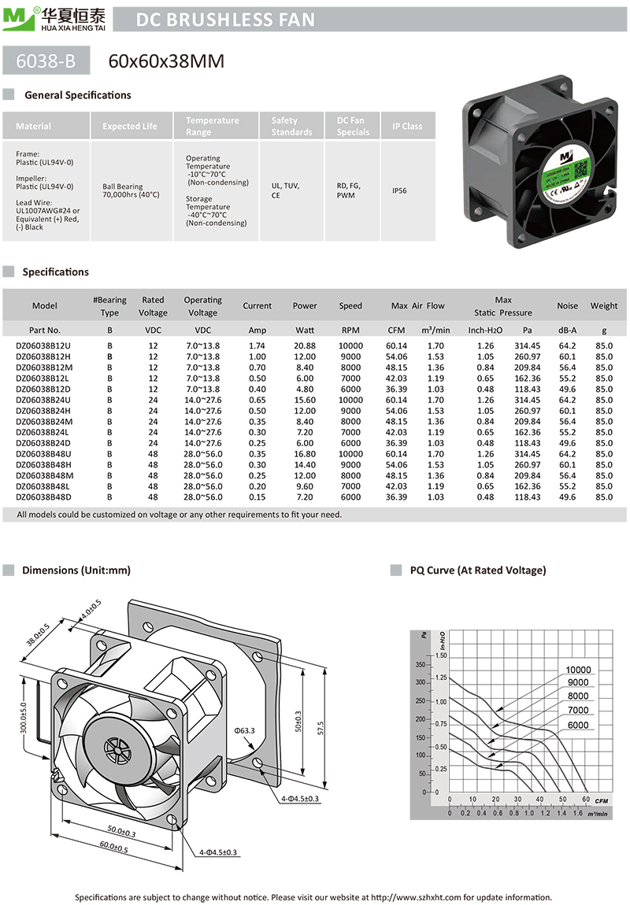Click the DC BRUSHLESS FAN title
coord(226,20)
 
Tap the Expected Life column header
coord(130,126)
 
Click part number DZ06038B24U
coord(44,400)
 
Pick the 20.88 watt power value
coord(305,345)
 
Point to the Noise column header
coord(567,305)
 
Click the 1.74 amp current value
coord(257,345)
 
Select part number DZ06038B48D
coord(44,497)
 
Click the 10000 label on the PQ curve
coord(578,670)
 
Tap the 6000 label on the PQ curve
coord(576,725)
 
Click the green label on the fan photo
coord(564,176)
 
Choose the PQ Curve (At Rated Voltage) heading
coord(477,570)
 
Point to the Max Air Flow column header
coord(417,305)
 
